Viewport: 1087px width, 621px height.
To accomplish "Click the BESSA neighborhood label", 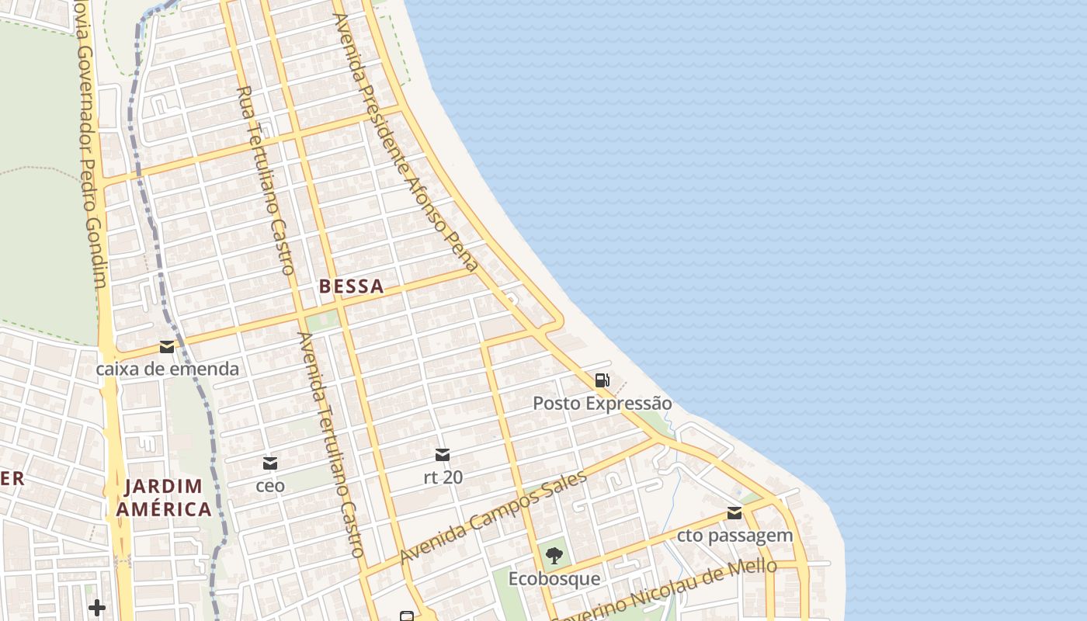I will pos(351,286).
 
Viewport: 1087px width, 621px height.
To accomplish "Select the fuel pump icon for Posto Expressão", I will pos(602,380).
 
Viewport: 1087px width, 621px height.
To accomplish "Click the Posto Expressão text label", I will pos(602,404).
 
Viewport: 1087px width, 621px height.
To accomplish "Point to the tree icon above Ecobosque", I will pos(554,556).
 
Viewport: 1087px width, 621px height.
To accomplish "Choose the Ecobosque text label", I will pos(554,579).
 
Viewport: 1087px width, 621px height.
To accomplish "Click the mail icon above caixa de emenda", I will pos(167,347).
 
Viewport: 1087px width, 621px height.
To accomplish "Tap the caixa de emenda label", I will pos(167,369).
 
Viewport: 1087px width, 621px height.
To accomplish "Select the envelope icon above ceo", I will pos(270,463).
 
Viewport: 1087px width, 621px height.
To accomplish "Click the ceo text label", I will pos(270,486).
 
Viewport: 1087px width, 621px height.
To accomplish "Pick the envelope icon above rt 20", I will pos(443,455).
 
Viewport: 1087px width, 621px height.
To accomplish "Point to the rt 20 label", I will pos(443,477).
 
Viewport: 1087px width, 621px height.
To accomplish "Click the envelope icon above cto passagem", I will pos(734,513).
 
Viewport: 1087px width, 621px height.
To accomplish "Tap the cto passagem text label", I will pos(734,536).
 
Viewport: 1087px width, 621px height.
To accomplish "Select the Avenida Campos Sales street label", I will pos(492,518).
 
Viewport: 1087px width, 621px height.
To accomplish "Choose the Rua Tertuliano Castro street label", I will pos(266,180).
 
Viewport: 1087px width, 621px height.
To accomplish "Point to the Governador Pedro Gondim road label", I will pos(91,147).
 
